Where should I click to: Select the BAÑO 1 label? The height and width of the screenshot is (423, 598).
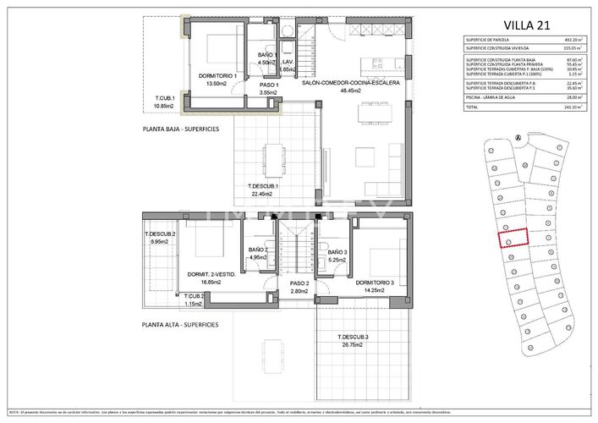267,56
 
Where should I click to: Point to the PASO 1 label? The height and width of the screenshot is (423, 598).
269,85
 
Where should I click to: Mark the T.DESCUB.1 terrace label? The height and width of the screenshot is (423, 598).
263,187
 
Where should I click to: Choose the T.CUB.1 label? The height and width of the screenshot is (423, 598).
163,102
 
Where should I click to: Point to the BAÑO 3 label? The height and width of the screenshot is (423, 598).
337,252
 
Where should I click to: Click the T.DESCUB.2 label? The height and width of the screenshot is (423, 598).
160,234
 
